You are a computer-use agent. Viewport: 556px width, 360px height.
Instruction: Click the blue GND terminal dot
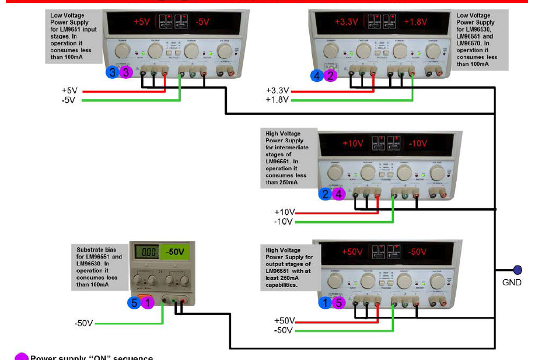tap(517, 270)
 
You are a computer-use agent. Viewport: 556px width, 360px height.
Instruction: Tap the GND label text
tap(512, 282)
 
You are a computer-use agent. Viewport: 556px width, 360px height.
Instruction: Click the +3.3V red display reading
tap(346, 22)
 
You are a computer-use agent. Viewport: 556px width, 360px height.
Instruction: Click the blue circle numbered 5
tap(134, 303)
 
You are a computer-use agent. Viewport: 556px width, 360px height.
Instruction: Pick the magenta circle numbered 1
tap(148, 303)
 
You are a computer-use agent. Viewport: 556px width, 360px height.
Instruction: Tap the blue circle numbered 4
tap(317, 75)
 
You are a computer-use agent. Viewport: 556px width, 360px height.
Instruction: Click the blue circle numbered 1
tap(326, 302)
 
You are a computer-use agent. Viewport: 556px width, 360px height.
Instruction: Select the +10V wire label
tap(285, 212)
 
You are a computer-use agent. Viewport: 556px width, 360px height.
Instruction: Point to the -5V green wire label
tap(68, 100)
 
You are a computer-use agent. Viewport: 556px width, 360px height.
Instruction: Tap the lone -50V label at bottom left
tap(83, 323)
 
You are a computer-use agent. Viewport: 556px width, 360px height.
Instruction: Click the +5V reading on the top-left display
tap(142, 22)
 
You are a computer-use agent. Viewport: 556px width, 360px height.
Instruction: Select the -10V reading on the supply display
tap(418, 144)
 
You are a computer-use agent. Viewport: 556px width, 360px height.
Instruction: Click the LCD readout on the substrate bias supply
tap(146, 252)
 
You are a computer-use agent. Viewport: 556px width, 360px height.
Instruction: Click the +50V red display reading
tap(352, 251)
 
